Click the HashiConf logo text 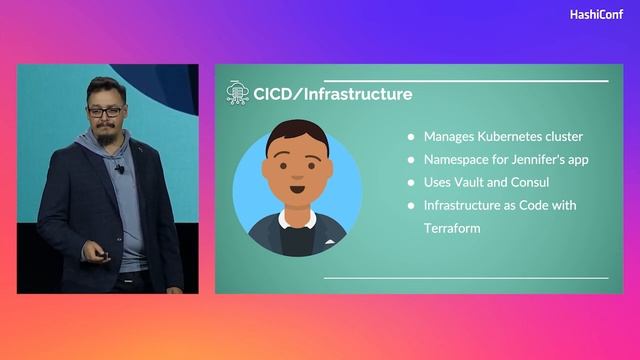(x=597, y=15)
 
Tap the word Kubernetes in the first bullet (x=504, y=137)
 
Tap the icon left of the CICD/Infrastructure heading (x=237, y=94)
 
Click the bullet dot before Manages (x=410, y=137)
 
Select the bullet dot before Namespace (x=410, y=160)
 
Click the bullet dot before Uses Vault (x=410, y=183)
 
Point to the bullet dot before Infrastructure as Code (x=410, y=206)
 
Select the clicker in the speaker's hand (x=105, y=256)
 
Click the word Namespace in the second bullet (x=456, y=160)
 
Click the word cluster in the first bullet (x=560, y=137)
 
